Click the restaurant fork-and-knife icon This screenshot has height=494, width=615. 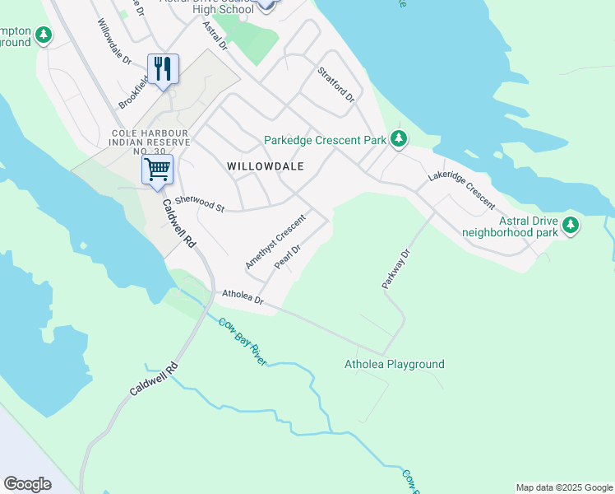click(163, 68)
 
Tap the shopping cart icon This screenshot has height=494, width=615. click(156, 170)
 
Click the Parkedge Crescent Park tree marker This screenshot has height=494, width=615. click(399, 138)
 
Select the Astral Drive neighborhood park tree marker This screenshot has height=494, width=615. click(569, 225)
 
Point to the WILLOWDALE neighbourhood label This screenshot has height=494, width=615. click(265, 166)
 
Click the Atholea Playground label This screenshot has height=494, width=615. click(394, 364)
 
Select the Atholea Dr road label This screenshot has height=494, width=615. click(243, 297)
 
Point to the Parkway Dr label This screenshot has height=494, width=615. click(395, 268)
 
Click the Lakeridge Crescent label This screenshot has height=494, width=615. click(461, 191)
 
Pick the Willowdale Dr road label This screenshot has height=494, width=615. click(114, 43)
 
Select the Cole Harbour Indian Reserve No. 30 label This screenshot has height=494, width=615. click(150, 142)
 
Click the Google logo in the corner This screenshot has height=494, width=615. click(27, 484)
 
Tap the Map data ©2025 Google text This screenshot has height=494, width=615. click(563, 487)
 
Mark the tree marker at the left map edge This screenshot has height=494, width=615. click(43, 35)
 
